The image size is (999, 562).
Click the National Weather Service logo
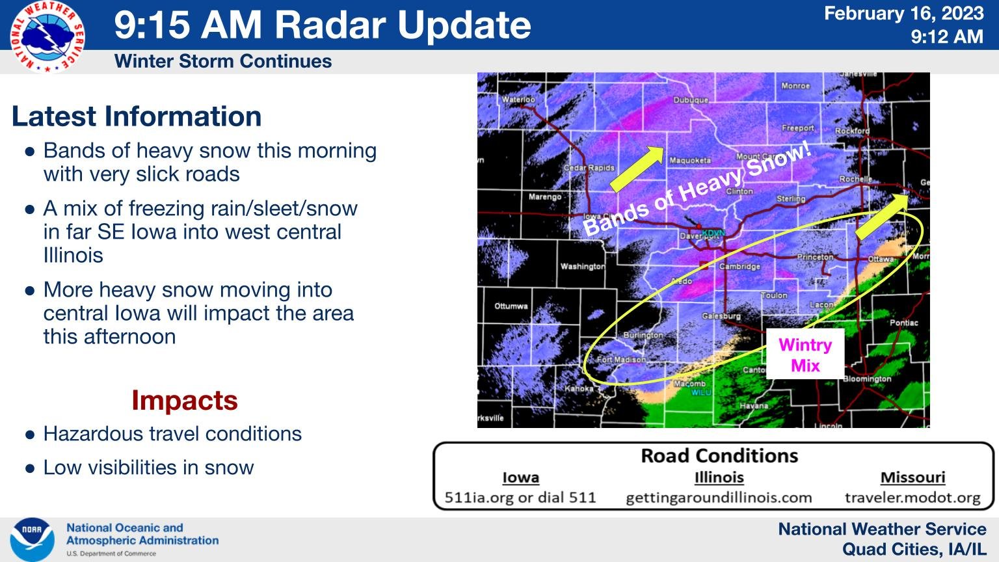coord(47,37)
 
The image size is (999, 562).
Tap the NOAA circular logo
coord(32,539)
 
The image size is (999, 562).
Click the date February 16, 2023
coord(903,14)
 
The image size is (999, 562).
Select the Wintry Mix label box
coord(805,355)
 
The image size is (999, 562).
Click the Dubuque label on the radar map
coord(691,100)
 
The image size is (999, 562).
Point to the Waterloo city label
coord(518,100)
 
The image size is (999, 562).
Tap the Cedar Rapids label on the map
coord(589,168)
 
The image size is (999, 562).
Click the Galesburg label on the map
coord(721,316)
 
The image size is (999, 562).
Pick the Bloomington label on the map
coord(868,379)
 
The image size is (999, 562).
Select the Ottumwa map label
coord(511,306)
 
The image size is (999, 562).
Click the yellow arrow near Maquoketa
coord(637,169)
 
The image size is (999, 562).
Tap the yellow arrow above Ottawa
coord(882,217)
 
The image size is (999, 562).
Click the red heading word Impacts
coord(185,400)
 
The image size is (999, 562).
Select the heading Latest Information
coord(137,116)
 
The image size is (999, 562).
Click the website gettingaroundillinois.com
coord(719,498)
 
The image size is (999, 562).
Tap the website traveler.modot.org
coord(912,498)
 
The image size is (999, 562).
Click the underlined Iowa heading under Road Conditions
coord(520,477)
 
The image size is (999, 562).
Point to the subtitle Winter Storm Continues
coord(223,61)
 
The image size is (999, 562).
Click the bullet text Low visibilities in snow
coord(148,468)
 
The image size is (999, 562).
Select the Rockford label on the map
coord(852,131)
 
